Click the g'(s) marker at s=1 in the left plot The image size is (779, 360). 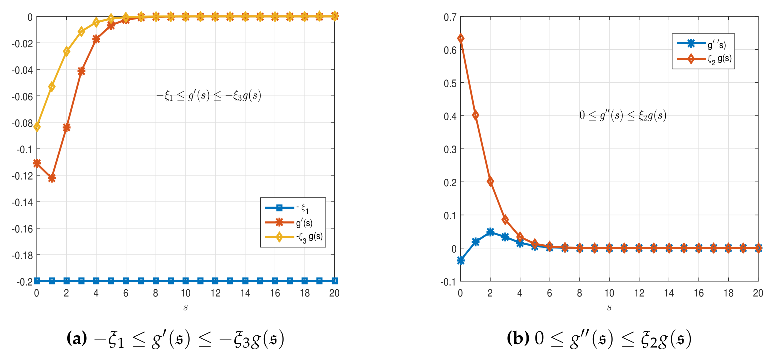(x=52, y=178)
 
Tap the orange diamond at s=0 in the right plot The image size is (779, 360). (x=460, y=38)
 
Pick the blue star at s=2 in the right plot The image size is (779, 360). (x=490, y=232)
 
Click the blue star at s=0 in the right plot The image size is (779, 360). (x=460, y=260)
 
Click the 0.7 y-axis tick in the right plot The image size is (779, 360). (x=450, y=17)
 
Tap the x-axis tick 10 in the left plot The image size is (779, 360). (x=185, y=293)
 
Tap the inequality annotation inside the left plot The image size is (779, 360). (x=209, y=96)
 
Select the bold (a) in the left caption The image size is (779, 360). (x=76, y=338)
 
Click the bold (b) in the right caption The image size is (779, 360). (x=518, y=338)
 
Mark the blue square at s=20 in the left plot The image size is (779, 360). (x=334, y=281)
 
